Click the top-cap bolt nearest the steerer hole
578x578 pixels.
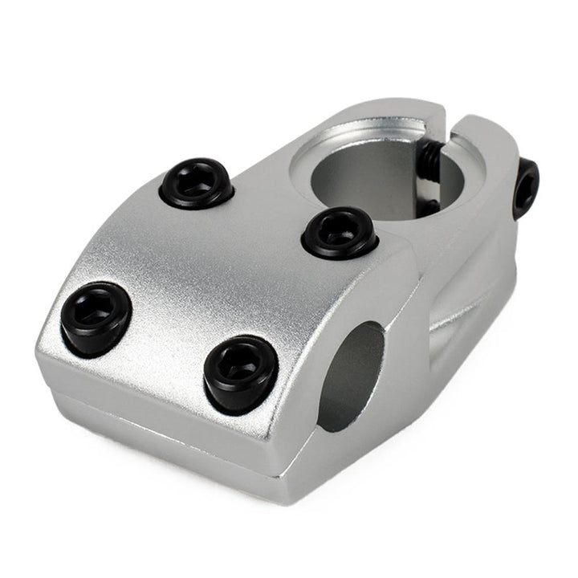coord(340,233)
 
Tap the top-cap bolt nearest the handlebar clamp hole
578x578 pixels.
coord(240,373)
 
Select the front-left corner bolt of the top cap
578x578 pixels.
coord(96,318)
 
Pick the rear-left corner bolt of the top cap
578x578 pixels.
coord(196,183)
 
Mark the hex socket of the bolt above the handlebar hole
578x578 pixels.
coord(238,368)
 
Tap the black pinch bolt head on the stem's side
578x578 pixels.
coord(526,189)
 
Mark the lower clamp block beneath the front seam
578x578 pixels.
coord(177,433)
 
